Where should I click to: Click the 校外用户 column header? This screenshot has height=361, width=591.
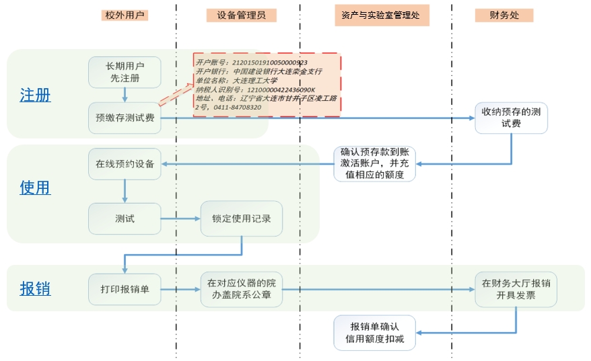click(125, 15)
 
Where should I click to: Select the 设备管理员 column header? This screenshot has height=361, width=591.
click(241, 15)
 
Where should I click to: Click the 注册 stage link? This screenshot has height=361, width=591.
click(35, 95)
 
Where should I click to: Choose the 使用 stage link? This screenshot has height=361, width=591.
click(35, 188)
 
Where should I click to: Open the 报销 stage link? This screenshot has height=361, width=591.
click(35, 288)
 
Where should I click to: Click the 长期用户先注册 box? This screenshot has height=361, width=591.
click(125, 72)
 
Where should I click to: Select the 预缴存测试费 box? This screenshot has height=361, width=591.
click(125, 118)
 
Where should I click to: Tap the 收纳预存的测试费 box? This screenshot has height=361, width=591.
click(512, 118)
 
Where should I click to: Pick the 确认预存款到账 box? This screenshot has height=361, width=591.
click(374, 163)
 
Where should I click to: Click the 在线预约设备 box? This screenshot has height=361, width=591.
click(125, 163)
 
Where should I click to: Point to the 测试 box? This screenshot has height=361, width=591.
click(125, 218)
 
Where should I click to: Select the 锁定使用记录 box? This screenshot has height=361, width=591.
click(240, 218)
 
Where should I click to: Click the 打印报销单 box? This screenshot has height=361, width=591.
click(125, 289)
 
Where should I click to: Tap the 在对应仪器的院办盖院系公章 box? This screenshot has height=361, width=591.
click(240, 289)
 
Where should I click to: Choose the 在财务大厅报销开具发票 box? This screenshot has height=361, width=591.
click(516, 289)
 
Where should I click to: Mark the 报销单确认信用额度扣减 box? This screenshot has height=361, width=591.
click(374, 332)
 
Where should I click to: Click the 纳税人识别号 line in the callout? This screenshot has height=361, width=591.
click(255, 89)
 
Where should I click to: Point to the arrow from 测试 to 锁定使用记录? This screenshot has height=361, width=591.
click(180, 218)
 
